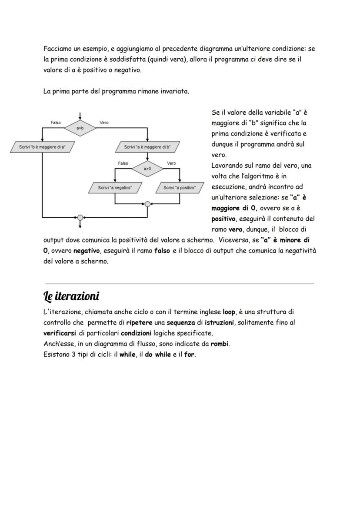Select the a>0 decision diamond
[147, 168]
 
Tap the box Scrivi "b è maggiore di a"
[42, 147]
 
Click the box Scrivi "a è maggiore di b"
[147, 147]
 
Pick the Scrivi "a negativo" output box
[115, 188]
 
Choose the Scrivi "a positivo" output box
[180, 188]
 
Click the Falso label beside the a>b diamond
[56, 123]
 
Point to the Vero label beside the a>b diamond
[104, 123]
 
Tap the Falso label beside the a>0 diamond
[123, 163]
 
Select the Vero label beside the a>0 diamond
[171, 163]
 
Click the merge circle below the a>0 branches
[147, 204]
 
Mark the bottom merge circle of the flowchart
[80, 217]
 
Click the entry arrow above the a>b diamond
[80, 116]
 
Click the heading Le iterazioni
[71, 296]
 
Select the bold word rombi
[220, 344]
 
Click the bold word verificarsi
[60, 333]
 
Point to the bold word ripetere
[139, 323]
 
